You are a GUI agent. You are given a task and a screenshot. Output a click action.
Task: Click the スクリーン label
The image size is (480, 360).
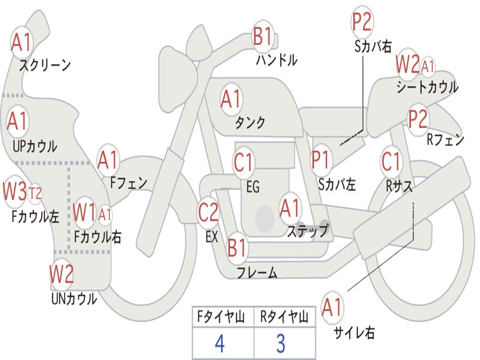click(x=45, y=65)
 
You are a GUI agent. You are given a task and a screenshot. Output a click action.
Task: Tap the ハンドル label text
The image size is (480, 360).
click(x=277, y=60)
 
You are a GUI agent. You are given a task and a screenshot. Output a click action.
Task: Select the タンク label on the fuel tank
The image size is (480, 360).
click(x=250, y=122)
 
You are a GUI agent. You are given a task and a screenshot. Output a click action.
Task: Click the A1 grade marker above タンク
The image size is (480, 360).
click(x=231, y=99)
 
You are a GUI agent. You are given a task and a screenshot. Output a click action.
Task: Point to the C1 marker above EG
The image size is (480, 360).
click(x=243, y=162)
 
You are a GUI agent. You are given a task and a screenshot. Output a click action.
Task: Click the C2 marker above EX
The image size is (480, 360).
click(x=208, y=212)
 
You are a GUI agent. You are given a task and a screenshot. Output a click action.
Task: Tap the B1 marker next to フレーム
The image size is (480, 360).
click(x=237, y=247)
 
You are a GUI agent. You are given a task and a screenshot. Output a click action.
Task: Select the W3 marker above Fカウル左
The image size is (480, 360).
click(x=15, y=191)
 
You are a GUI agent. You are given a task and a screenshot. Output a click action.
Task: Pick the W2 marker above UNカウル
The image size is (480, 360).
click(x=61, y=274)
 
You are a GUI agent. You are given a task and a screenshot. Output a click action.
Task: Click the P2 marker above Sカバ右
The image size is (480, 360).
click(x=362, y=22)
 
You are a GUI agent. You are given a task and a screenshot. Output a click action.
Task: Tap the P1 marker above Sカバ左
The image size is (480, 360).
click(x=321, y=160)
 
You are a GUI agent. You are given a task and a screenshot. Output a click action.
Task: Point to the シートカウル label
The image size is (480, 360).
click(x=427, y=87)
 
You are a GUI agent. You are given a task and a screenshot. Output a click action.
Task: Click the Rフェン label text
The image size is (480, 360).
click(x=445, y=140)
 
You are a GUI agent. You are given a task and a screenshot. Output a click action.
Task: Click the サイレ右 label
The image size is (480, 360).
click(x=354, y=332)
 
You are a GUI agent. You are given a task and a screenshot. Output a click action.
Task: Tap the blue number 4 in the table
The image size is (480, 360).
click(x=220, y=344)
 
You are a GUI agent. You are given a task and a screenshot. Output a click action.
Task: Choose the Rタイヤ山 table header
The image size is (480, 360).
click(x=285, y=317)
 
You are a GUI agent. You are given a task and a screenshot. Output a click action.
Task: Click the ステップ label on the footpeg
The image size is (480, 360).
click(x=307, y=231)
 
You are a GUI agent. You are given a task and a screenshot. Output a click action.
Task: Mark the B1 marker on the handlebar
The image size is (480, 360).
click(x=263, y=36)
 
